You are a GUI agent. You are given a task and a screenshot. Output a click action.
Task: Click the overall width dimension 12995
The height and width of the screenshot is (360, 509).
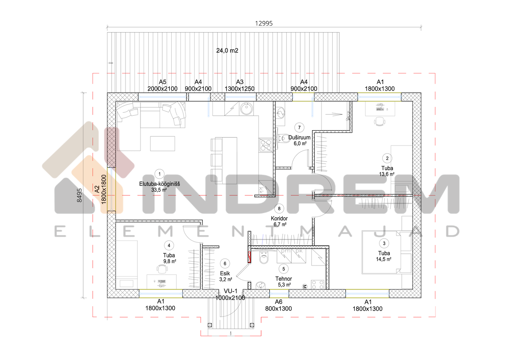264,23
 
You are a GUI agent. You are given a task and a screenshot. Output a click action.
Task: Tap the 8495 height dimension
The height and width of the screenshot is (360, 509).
79,195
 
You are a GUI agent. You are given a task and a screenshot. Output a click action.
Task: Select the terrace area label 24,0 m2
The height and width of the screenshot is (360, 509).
227,51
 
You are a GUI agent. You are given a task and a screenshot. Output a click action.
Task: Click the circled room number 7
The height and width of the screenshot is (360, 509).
299,128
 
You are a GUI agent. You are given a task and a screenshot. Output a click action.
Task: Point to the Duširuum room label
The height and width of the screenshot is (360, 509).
299,137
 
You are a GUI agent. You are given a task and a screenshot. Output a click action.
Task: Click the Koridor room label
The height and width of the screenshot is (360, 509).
279,219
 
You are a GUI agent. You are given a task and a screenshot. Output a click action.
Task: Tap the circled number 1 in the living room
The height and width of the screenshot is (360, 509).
159,174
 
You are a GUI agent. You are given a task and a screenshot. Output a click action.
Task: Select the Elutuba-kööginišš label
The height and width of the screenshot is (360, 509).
159,184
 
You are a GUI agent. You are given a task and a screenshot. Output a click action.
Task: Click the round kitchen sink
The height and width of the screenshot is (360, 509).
246,109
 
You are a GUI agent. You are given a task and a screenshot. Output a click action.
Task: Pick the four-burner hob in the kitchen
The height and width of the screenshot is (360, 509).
266,145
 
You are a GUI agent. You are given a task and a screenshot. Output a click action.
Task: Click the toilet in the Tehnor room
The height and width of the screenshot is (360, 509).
264,258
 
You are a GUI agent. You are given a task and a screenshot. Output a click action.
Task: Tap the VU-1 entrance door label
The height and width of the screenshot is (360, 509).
230,291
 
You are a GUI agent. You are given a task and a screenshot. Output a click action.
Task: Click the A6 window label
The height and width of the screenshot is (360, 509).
278,302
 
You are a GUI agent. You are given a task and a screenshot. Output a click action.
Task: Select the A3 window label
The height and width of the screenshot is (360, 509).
240,82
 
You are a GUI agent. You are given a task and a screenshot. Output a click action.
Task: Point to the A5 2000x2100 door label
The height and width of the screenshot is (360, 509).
163,85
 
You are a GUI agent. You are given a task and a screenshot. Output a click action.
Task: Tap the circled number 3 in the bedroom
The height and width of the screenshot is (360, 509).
384,243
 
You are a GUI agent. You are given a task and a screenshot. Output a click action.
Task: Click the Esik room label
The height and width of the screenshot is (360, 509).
225,273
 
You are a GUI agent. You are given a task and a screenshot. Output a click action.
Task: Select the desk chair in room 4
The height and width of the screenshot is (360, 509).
162,269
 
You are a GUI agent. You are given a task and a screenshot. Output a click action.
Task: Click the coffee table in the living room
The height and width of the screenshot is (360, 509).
163,144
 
